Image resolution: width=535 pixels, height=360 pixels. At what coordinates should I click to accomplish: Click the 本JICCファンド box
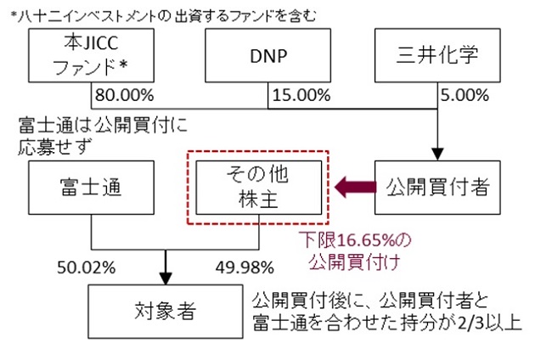92,54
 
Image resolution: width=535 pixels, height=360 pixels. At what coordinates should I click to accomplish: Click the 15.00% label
300,93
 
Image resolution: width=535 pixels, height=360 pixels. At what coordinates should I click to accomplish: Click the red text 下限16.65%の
351,241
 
